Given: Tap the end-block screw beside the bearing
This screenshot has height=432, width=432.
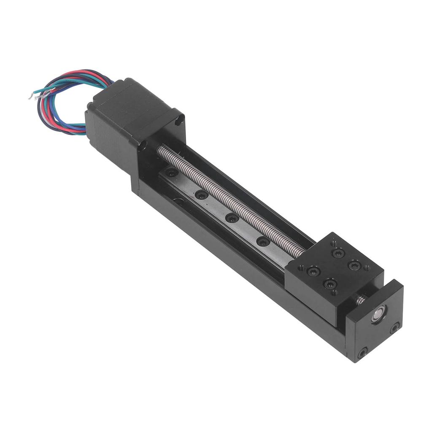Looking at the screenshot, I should tap(395, 328).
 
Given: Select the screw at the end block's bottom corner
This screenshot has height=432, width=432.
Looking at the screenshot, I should tap(362, 352).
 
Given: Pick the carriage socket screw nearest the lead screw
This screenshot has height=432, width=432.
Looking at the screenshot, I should tap(338, 253).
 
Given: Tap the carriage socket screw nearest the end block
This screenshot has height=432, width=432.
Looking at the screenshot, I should tap(354, 266).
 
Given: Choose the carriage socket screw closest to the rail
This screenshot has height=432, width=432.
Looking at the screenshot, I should tap(313, 271).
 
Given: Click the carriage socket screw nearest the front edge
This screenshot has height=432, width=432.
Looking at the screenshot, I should tap(329, 283).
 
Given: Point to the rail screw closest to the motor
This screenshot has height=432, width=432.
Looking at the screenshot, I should tap(172, 173).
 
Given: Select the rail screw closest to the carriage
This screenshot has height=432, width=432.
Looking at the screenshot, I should tap(263, 242).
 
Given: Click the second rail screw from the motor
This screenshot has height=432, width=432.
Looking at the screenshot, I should tap(202, 195).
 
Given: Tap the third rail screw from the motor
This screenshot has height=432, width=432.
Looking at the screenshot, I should tap(232, 218).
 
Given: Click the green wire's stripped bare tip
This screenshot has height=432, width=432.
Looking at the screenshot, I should tap(32, 96).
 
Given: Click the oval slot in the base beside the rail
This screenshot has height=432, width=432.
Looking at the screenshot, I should tap(179, 201).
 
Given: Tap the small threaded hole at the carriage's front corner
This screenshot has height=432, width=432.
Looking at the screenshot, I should tap(300, 267).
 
